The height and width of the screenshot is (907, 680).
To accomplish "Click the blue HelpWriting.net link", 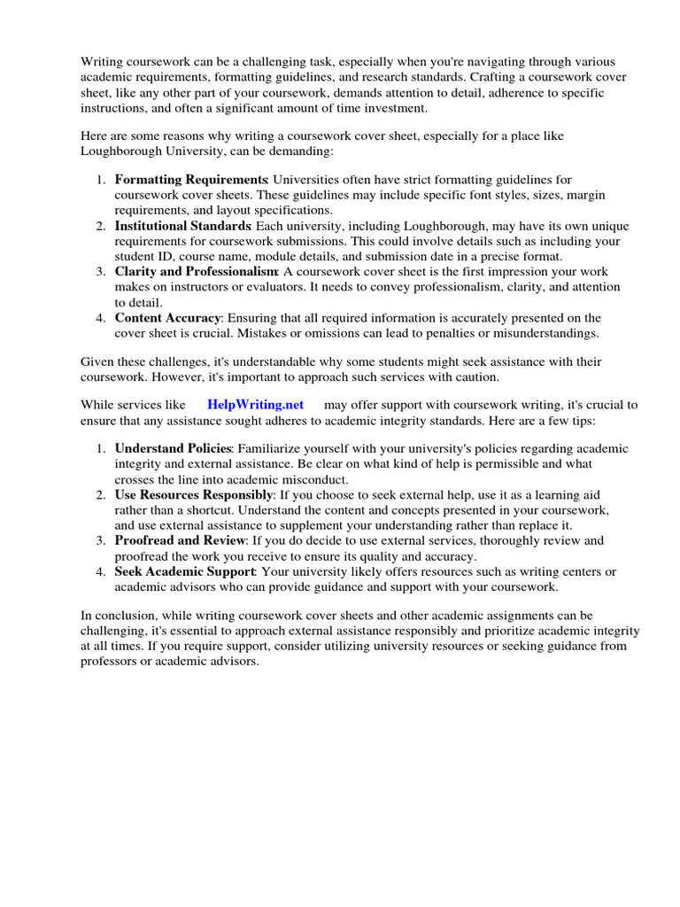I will coord(255,405).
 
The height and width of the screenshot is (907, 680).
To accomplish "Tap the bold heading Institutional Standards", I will coord(182,225).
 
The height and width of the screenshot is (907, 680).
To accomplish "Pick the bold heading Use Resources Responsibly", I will coord(193,494).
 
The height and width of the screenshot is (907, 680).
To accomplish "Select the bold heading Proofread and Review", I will coord(180,540).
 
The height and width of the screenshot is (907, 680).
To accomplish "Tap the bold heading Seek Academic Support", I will coord(183,571).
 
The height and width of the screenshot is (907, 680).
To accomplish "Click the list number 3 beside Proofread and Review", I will coord(101,540).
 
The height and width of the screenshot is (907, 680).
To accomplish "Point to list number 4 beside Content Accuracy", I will coord(101,317).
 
